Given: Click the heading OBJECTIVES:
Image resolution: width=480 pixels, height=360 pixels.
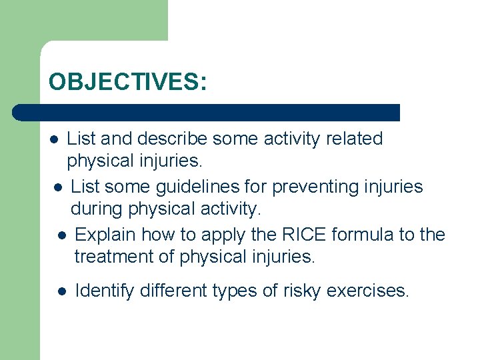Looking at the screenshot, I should [x=127, y=82].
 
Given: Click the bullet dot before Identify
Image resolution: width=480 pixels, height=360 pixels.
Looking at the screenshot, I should [x=61, y=291].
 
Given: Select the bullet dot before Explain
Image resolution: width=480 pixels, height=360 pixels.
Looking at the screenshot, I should [x=61, y=235].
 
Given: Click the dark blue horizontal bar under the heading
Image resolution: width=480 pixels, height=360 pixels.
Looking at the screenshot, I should [x=207, y=112].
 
